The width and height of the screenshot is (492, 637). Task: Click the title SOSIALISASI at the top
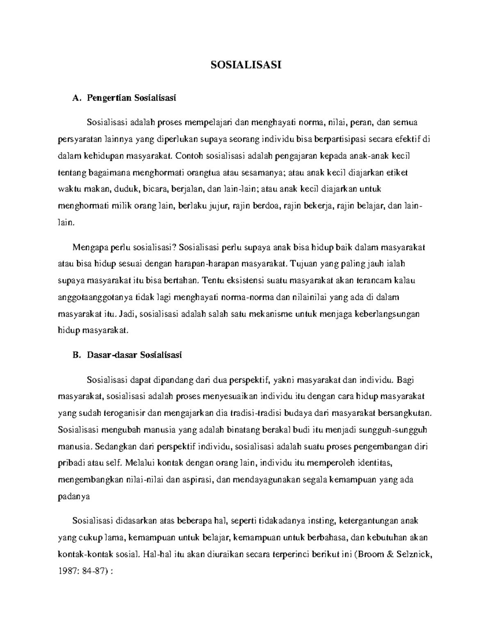[x=246, y=65]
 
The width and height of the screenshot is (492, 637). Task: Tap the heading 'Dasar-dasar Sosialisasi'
[x=134, y=355]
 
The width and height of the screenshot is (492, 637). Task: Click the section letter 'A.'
[x=75, y=98]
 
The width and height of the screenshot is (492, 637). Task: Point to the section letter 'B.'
[x=75, y=355]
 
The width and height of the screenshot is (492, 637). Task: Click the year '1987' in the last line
[x=67, y=571]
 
